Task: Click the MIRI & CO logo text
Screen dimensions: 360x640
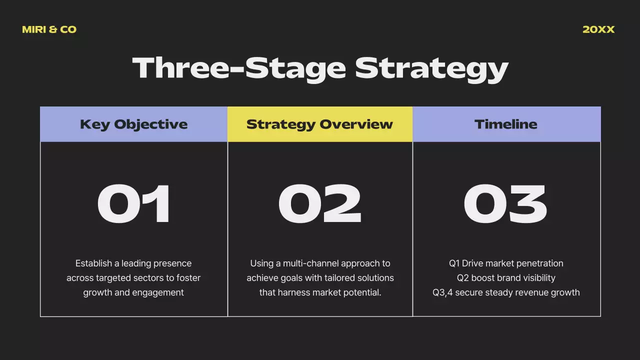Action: [x=49, y=29]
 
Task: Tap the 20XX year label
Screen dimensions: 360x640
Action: [x=598, y=29]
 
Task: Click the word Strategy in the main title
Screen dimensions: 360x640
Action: [x=431, y=68]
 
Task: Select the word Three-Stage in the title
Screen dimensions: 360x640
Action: [x=239, y=68]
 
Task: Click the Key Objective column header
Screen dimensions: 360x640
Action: [x=133, y=124]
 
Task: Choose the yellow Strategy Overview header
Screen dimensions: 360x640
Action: [x=320, y=124]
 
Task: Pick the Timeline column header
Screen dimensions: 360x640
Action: [x=506, y=124]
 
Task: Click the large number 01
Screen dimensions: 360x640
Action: [x=134, y=204]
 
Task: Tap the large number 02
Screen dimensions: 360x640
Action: [x=320, y=204]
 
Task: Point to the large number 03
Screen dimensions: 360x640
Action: [x=505, y=204]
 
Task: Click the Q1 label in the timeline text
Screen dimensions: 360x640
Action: [x=454, y=263]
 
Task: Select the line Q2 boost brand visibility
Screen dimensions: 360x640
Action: [x=506, y=278]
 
